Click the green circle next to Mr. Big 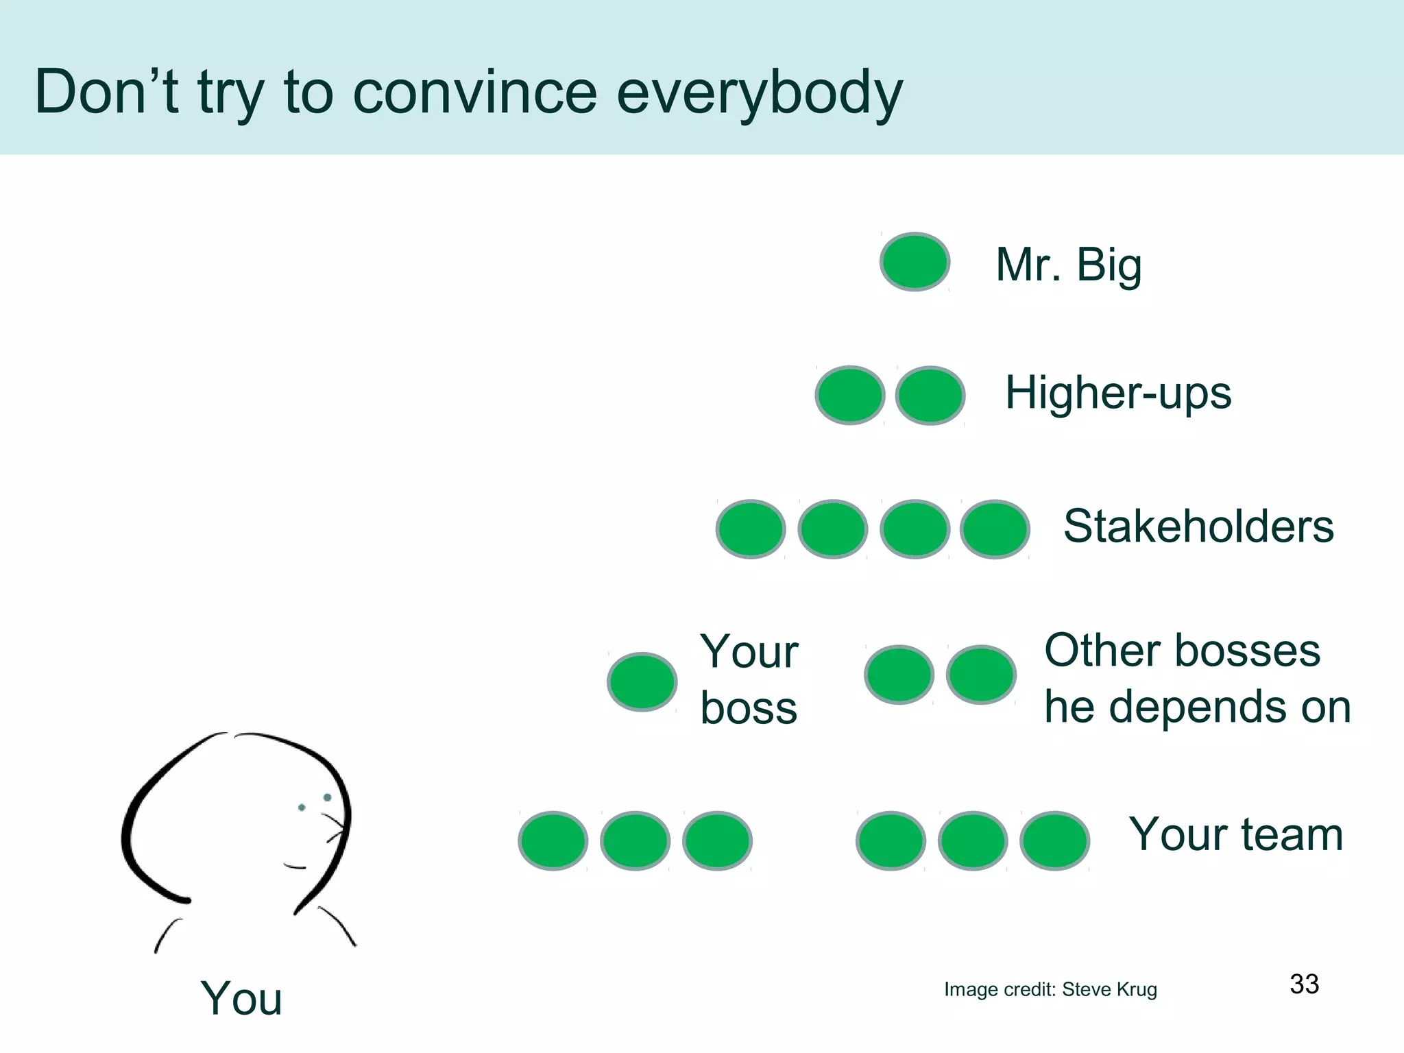coord(915,262)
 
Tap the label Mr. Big coord(1068,265)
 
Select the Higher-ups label coord(1117,393)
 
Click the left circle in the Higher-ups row coord(849,395)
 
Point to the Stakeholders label coord(1198,526)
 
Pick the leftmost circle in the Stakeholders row coord(751,529)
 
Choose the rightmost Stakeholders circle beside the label coord(995,529)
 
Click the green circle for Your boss coord(642,681)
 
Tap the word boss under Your coord(749,708)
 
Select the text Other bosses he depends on coord(1196,678)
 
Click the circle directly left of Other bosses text coord(980,675)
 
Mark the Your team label coord(1235,834)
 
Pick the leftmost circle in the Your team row coord(553,840)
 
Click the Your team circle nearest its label coord(1054,840)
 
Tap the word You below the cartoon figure coord(241,998)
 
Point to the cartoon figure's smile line coord(295,867)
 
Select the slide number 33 coord(1304,984)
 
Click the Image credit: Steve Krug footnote coord(1050,989)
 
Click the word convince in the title coord(474,93)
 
